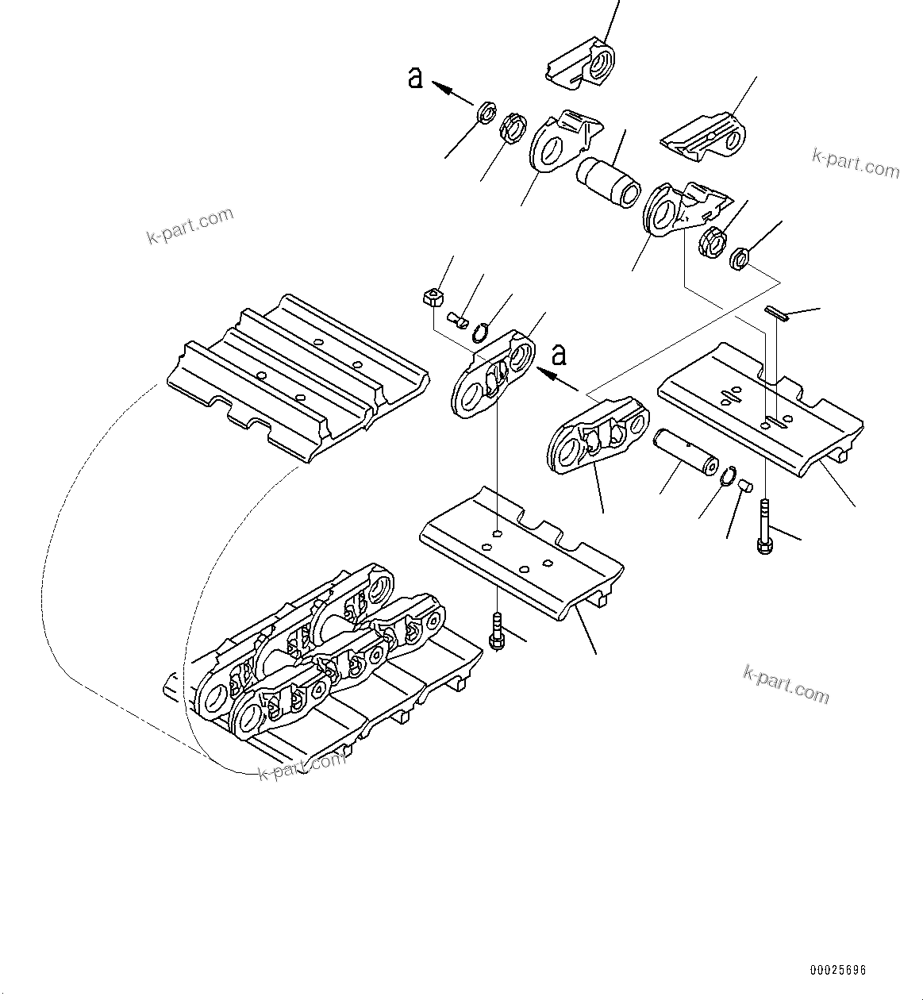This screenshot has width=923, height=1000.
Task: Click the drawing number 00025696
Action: (838, 970)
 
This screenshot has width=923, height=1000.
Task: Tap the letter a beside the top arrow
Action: (415, 78)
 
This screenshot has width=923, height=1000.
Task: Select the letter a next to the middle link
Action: (560, 354)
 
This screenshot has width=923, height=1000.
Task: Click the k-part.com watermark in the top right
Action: (856, 164)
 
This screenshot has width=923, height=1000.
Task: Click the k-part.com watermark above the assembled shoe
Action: (190, 225)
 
